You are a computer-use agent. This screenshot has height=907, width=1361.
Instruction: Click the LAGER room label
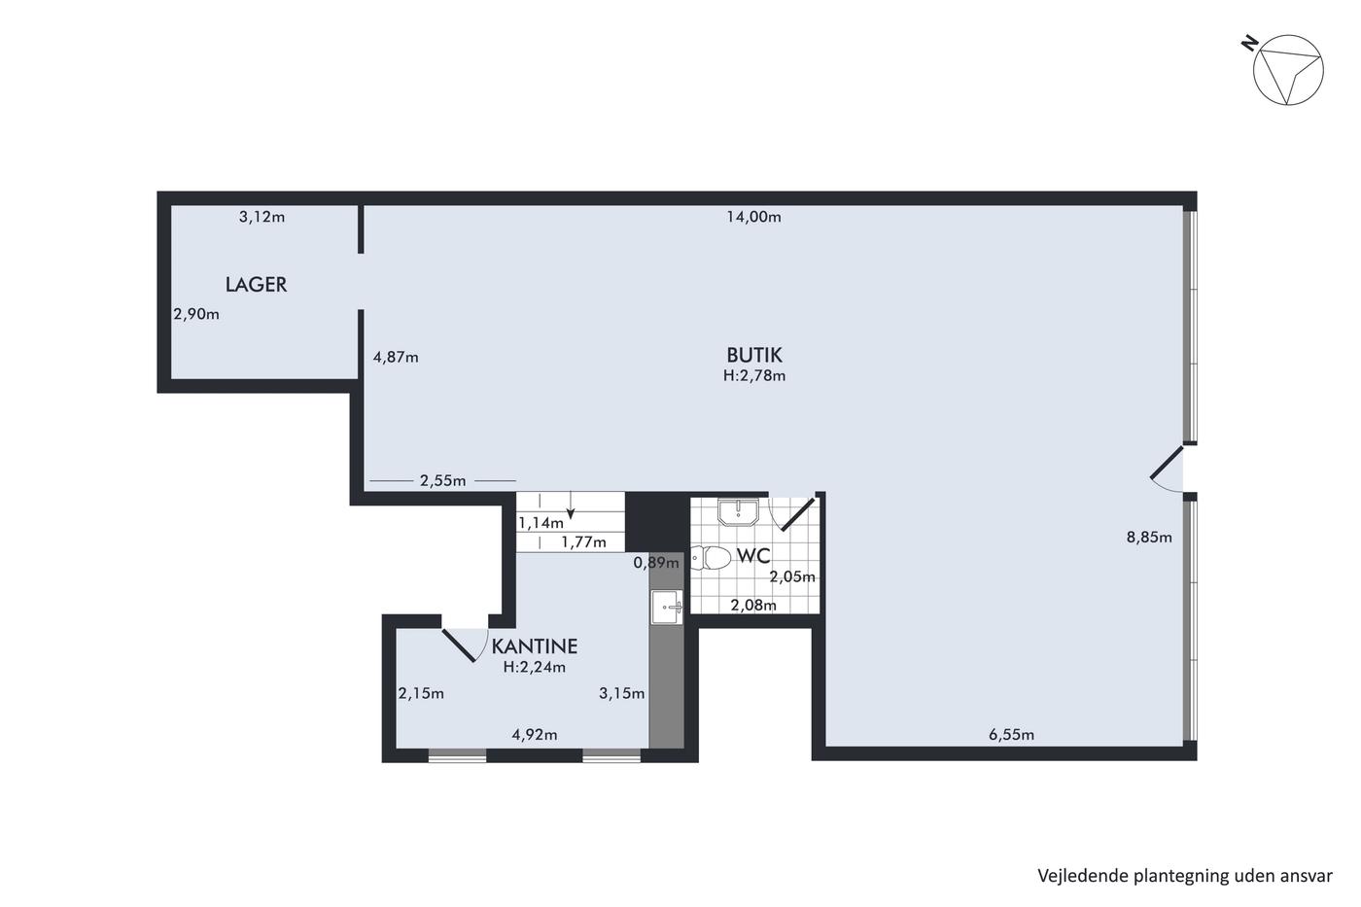pyautogui.click(x=256, y=284)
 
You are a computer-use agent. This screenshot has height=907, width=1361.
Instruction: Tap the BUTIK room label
pyautogui.click(x=754, y=355)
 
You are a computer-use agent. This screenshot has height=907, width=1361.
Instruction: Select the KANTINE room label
pyautogui.click(x=534, y=645)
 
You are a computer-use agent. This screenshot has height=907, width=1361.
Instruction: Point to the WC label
pyautogui.click(x=753, y=556)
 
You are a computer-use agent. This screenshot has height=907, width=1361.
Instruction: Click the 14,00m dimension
pyautogui.click(x=754, y=217)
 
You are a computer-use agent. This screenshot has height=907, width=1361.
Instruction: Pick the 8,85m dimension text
pyautogui.click(x=1149, y=537)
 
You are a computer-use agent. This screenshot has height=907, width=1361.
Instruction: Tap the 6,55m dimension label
pyautogui.click(x=1011, y=735)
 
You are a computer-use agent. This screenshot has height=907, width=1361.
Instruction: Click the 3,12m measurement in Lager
pyautogui.click(x=262, y=217)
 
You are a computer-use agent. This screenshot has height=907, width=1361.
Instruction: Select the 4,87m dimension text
pyautogui.click(x=396, y=357)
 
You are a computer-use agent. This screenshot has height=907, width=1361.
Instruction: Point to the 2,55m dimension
pyautogui.click(x=443, y=481)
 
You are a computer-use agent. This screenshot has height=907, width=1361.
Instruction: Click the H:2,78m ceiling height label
pyautogui.click(x=754, y=376)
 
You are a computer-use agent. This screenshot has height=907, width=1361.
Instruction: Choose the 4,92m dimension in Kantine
pyautogui.click(x=535, y=735)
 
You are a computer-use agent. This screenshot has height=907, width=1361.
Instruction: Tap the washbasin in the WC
pyautogui.click(x=738, y=512)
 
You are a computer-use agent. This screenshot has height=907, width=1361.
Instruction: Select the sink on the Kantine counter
pyautogui.click(x=667, y=607)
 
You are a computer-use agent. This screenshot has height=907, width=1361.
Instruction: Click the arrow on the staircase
pyautogui.click(x=571, y=506)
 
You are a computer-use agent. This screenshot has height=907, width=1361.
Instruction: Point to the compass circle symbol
pyautogui.click(x=1288, y=70)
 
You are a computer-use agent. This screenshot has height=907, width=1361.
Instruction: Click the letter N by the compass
pyautogui.click(x=1250, y=43)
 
